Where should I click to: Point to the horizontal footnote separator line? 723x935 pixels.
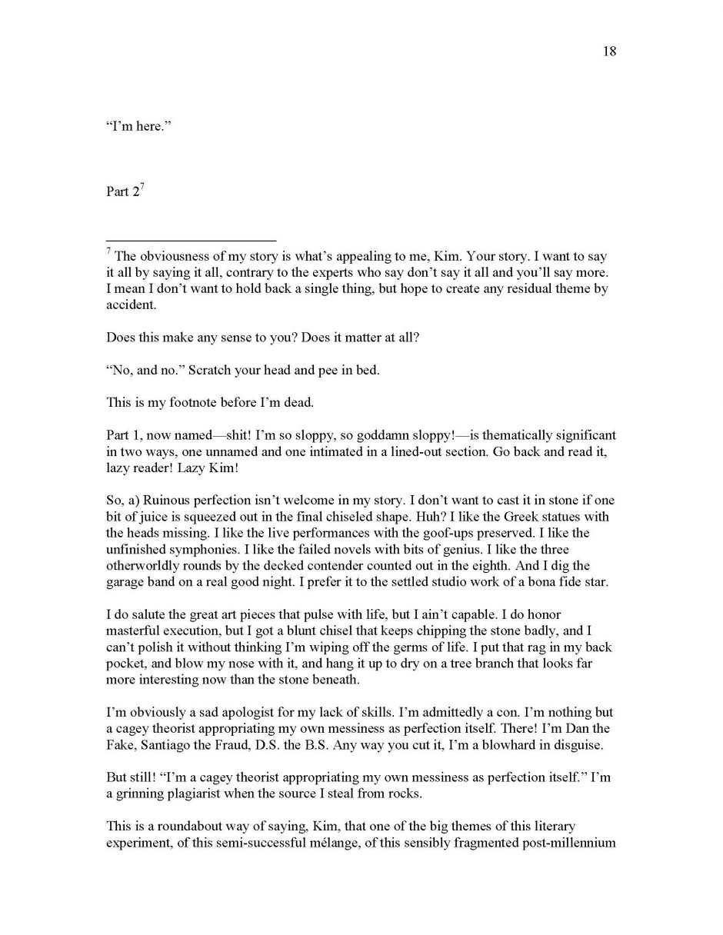tap(191, 240)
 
